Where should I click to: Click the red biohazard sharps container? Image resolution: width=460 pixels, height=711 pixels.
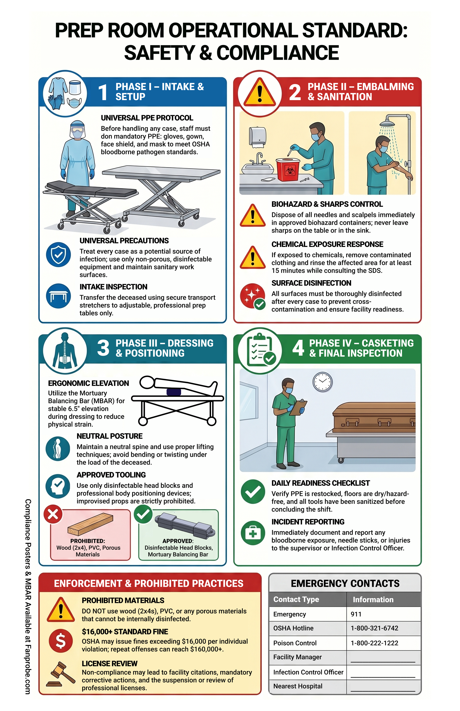[x=288, y=169]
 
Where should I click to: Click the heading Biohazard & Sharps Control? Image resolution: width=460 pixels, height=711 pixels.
[x=327, y=204]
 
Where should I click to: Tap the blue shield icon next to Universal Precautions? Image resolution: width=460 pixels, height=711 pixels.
[x=59, y=254]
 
